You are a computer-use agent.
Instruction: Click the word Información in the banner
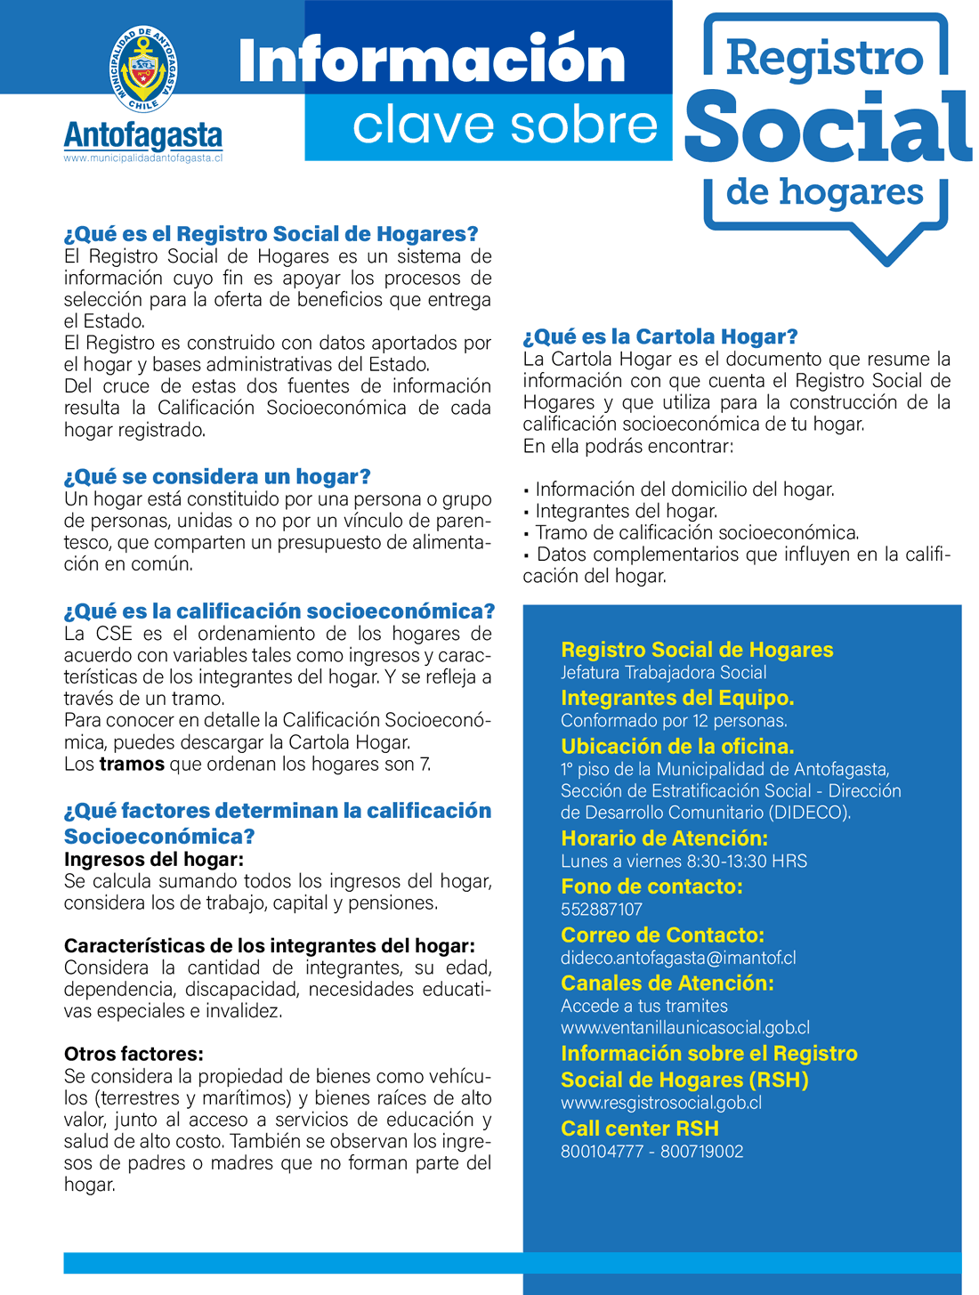point(432,61)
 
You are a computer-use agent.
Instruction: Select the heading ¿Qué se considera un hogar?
point(217,477)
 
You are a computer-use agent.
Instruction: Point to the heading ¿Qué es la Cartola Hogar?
point(660,337)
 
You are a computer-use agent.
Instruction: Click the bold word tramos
point(132,765)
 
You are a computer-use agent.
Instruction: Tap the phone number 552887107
point(602,910)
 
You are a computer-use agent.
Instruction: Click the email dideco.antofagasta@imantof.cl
point(678,959)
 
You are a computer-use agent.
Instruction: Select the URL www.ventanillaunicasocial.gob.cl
point(685,1028)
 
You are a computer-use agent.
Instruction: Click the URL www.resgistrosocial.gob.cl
point(661,1103)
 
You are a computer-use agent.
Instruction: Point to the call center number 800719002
point(702,1152)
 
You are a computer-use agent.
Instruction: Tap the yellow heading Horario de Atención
point(664,838)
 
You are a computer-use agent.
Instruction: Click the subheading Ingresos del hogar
point(154,860)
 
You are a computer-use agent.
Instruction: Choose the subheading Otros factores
point(133,1055)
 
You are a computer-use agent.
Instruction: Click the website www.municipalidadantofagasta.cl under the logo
point(143,158)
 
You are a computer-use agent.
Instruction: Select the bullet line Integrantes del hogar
point(626,512)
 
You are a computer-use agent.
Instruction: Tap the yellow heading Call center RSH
point(640,1129)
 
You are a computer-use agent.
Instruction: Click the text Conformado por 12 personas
point(674,721)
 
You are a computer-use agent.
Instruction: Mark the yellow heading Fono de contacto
point(651,886)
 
